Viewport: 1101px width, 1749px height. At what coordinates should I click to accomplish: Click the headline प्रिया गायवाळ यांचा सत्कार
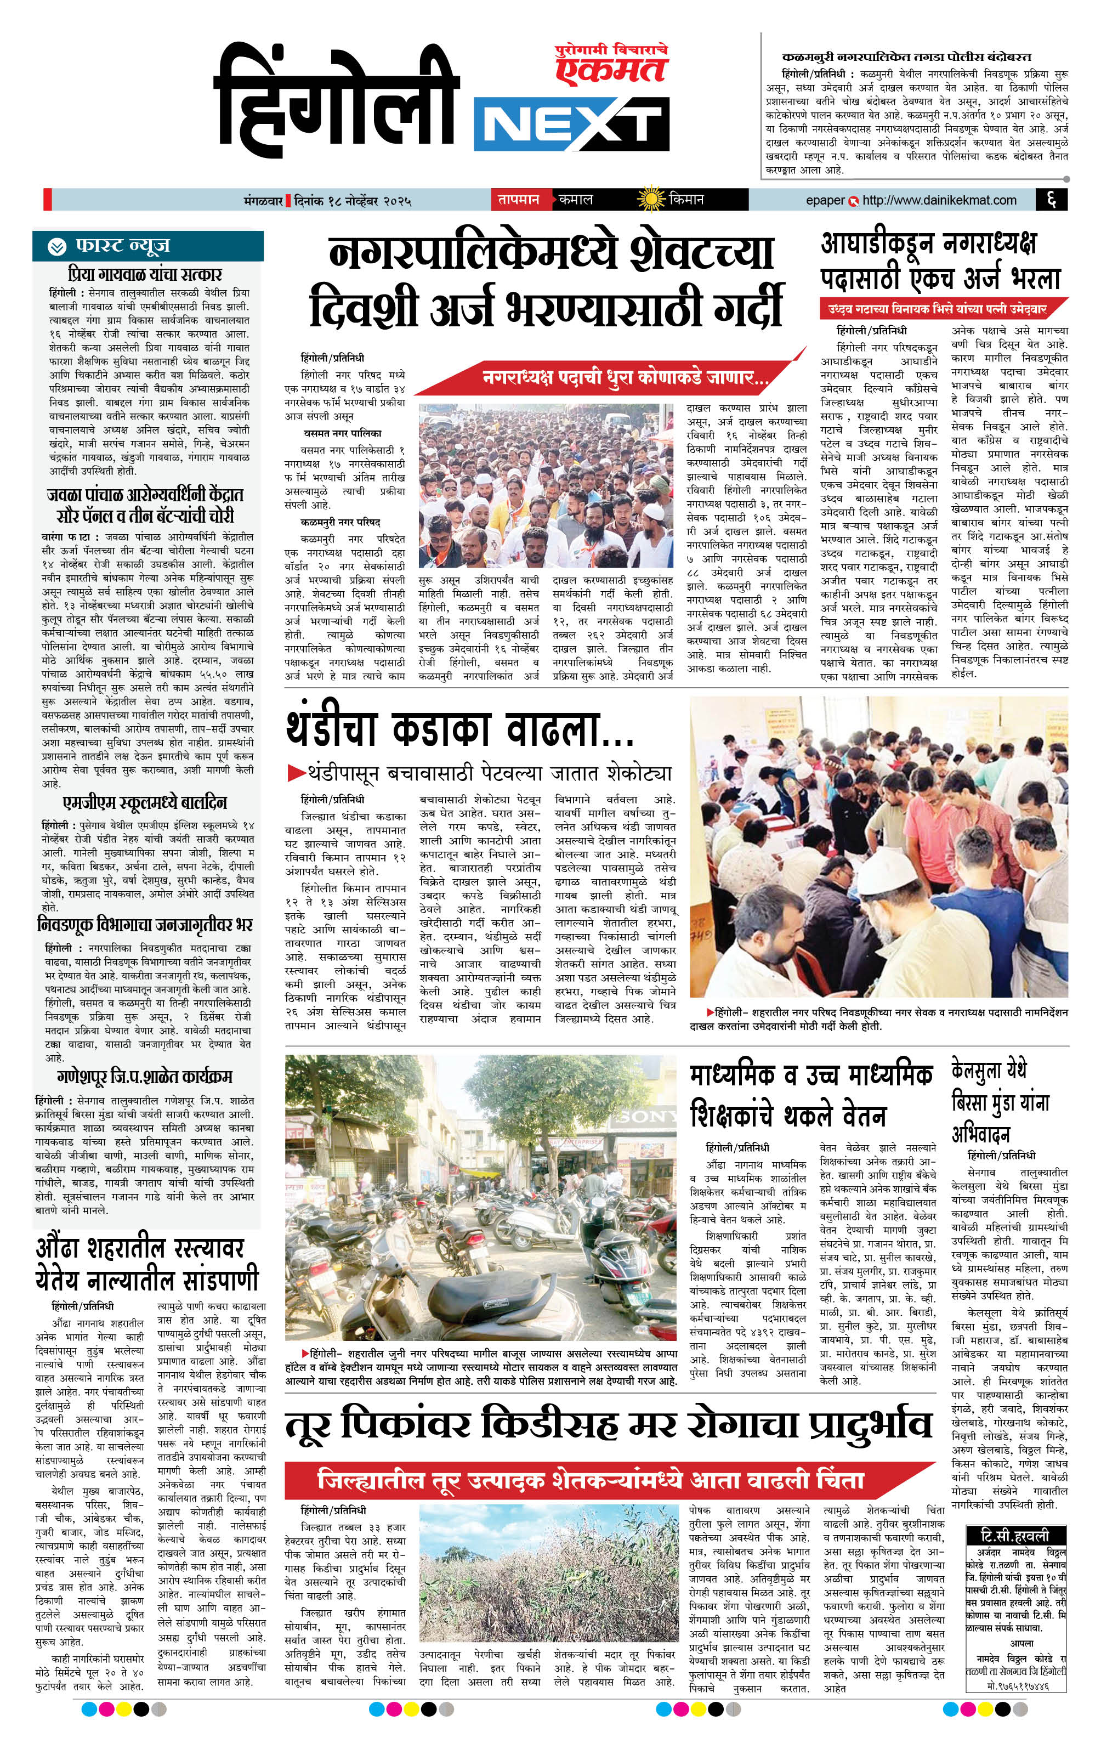(145, 275)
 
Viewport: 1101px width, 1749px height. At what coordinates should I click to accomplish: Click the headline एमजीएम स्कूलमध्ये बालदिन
(145, 802)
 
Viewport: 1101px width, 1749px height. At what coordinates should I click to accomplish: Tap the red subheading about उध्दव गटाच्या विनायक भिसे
(937, 309)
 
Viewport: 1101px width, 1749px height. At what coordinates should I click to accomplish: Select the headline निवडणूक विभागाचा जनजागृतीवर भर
(145, 925)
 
